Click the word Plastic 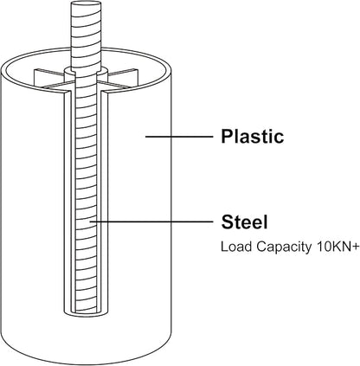click(253, 136)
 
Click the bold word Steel click(244, 222)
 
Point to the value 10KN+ click(337, 247)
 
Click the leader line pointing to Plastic click(179, 137)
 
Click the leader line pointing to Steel click(151, 222)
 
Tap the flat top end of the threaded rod click(86, 5)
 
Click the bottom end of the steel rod click(86, 312)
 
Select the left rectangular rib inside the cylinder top click(49, 78)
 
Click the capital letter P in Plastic click(227, 136)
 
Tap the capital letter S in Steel click(228, 222)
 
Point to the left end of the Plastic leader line click(145, 137)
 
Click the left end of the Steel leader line click(90, 222)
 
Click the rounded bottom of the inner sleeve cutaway click(86, 316)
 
